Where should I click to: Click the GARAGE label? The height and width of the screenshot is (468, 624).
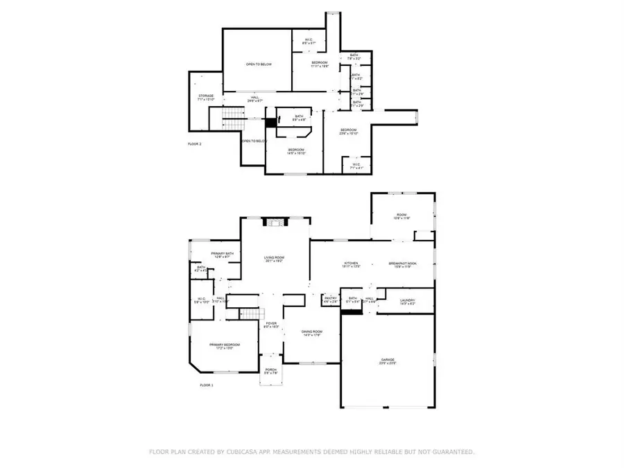point(387,360)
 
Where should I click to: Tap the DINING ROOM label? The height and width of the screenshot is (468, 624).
point(312,332)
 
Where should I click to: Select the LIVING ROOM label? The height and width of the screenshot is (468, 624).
point(275,259)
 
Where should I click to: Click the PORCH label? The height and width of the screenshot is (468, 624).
point(271,370)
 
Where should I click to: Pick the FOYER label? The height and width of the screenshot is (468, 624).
point(272,324)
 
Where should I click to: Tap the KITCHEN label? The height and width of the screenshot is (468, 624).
point(352,263)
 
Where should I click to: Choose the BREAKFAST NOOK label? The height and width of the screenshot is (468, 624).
point(403,263)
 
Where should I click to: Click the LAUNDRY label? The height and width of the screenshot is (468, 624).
point(407,300)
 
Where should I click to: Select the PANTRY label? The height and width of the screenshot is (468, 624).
point(331,299)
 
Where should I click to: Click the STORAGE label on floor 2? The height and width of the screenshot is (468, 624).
point(206,96)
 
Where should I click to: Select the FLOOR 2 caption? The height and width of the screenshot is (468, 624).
point(195,144)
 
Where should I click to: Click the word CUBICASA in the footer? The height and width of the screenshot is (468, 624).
point(261,451)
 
